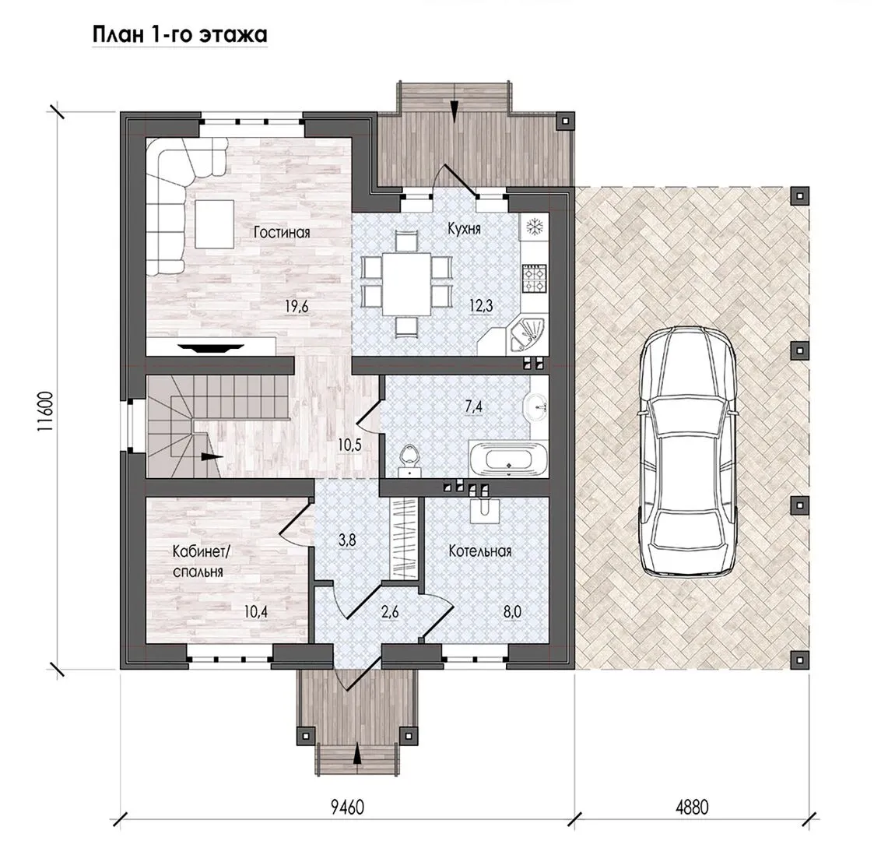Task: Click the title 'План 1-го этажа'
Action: click(180, 35)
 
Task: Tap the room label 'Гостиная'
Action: click(282, 232)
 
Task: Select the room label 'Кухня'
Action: click(464, 229)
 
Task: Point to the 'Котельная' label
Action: click(480, 551)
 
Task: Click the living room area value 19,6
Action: click(297, 307)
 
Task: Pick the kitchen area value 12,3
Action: click(481, 306)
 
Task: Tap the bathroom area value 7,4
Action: click(474, 406)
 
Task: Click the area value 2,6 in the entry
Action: click(390, 611)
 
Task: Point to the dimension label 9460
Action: click(347, 808)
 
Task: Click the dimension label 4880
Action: click(692, 808)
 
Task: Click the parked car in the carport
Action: click(688, 451)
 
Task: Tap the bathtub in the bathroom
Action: click(508, 459)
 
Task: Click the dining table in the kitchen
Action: click(407, 283)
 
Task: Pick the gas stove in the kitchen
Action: click(534, 278)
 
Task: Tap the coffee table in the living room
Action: click(214, 223)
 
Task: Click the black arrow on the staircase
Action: click(209, 457)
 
